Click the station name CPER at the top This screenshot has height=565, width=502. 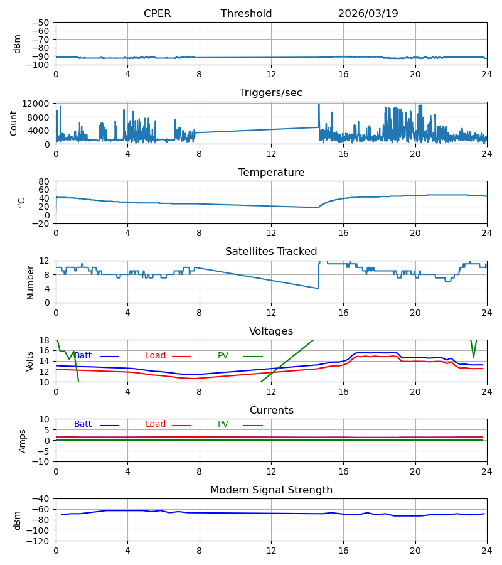pos(157,13)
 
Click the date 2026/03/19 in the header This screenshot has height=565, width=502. pos(368,13)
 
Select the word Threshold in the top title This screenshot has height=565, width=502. pos(247,13)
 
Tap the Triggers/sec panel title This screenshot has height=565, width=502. pos(271,93)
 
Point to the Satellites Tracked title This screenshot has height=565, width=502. pos(271,251)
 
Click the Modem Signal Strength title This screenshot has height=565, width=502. pos(272,490)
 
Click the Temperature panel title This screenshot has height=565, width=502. pos(272,172)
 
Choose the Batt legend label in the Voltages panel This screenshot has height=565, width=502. pos(83,356)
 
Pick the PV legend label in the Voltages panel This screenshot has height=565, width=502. pos(223,356)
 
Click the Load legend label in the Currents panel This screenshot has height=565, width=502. pos(156,424)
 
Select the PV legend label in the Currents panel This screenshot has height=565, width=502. pos(223,424)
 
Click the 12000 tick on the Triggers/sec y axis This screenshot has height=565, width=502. pos(36,104)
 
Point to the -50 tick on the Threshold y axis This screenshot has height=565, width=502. pos(40,23)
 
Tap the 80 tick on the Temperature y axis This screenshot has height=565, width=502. pos(44,181)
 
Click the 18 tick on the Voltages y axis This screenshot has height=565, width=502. pos(44,340)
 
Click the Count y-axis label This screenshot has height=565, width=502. pos(14,123)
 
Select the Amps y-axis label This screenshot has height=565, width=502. pos(23,441)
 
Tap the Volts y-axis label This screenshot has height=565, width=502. pos(30,362)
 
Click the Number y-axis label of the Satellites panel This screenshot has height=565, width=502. pos(30,282)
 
